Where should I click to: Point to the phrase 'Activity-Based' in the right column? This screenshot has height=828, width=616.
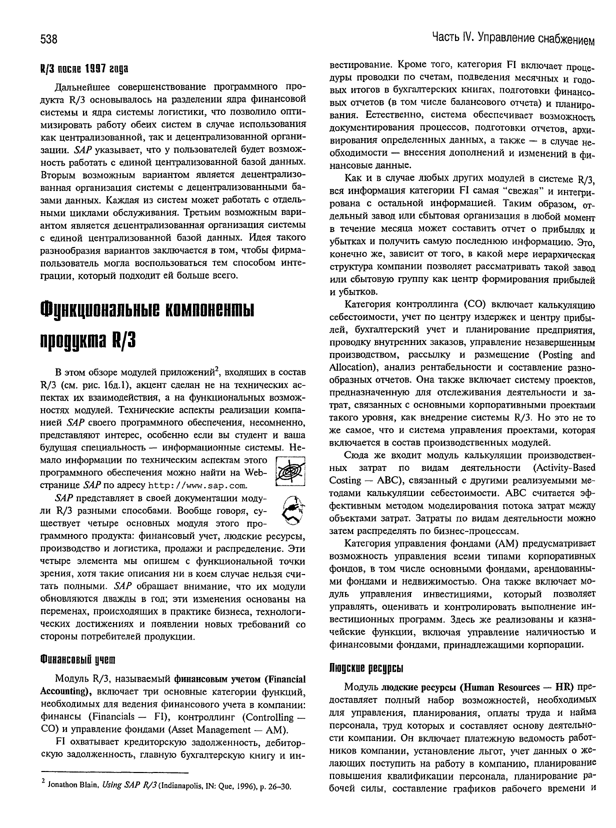(x=564, y=468)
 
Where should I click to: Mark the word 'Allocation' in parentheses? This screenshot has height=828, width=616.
(x=351, y=367)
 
